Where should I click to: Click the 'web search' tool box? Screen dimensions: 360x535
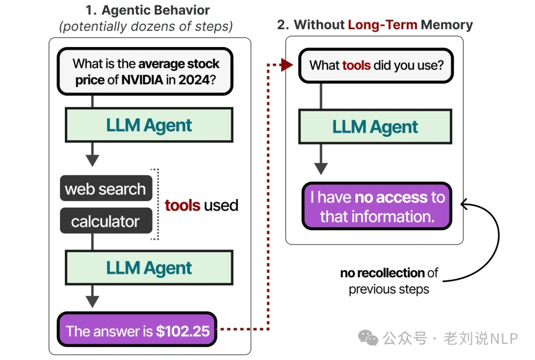pos(106,189)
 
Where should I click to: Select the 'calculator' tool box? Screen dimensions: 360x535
pos(106,221)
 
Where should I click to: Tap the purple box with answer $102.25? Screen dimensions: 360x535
pos(137,330)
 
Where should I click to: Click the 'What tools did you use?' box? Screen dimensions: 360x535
pos(376,65)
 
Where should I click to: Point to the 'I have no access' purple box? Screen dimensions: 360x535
pos(376,206)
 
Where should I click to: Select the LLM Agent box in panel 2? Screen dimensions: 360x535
pos(375,126)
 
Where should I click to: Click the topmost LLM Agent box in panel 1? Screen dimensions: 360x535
pos(149,125)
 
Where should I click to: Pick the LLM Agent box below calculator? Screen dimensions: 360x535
pos(149,267)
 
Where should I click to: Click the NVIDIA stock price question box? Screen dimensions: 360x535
pos(145,71)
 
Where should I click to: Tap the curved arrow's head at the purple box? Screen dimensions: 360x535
pos(464,203)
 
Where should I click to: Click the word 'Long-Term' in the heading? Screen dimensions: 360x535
pos(382,25)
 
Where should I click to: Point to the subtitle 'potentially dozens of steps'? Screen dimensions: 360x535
pos(146,26)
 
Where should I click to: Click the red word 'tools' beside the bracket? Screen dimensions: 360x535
pos(182,205)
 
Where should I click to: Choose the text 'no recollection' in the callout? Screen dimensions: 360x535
pos(381,273)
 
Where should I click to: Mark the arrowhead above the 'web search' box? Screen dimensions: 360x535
pos(93,160)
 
